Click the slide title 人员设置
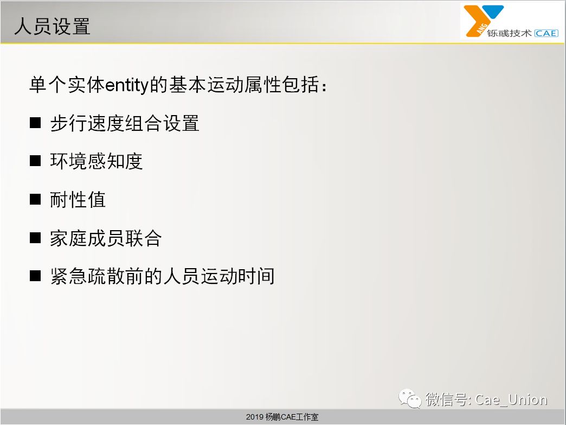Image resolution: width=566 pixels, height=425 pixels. pyautogui.click(x=53, y=27)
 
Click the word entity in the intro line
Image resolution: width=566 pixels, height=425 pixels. pyautogui.click(x=127, y=85)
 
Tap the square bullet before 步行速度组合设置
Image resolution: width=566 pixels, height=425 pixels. pyautogui.click(x=35, y=123)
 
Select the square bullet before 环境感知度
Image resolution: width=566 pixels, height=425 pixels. pyautogui.click(x=35, y=161)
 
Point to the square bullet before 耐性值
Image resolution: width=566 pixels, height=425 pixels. pyautogui.click(x=35, y=199)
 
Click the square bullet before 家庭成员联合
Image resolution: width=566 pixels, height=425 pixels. pyautogui.click(x=35, y=238)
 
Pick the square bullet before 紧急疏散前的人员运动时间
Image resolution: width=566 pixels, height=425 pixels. pyautogui.click(x=35, y=276)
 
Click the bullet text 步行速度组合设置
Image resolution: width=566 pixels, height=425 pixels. pyautogui.click(x=125, y=123)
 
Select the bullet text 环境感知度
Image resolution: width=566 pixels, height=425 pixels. pyautogui.click(x=97, y=161)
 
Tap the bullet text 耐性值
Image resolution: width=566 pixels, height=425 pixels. pyautogui.click(x=78, y=200)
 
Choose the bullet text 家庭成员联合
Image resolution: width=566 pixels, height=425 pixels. pyautogui.click(x=106, y=238)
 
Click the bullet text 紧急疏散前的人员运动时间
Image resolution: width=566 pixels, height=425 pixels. pyautogui.click(x=163, y=276)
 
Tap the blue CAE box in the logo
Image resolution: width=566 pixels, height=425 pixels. pyautogui.click(x=546, y=33)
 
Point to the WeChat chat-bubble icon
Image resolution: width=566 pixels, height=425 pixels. pyautogui.click(x=410, y=398)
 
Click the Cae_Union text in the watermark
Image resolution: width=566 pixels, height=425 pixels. pyautogui.click(x=511, y=399)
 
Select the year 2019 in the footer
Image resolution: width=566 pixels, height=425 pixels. pyautogui.click(x=254, y=417)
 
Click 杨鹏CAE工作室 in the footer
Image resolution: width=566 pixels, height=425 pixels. pyautogui.click(x=292, y=417)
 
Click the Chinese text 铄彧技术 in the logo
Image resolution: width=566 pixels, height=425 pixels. pyautogui.click(x=509, y=33)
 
